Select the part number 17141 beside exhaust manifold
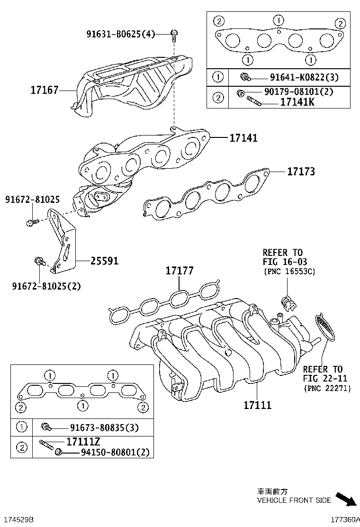(243, 138)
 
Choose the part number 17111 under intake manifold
(257, 405)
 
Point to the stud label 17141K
(297, 102)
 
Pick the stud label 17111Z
(83, 442)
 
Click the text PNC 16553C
(289, 271)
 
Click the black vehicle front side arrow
(346, 499)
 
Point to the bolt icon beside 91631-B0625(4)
(174, 34)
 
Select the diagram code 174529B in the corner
(18, 520)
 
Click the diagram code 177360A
(342, 520)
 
